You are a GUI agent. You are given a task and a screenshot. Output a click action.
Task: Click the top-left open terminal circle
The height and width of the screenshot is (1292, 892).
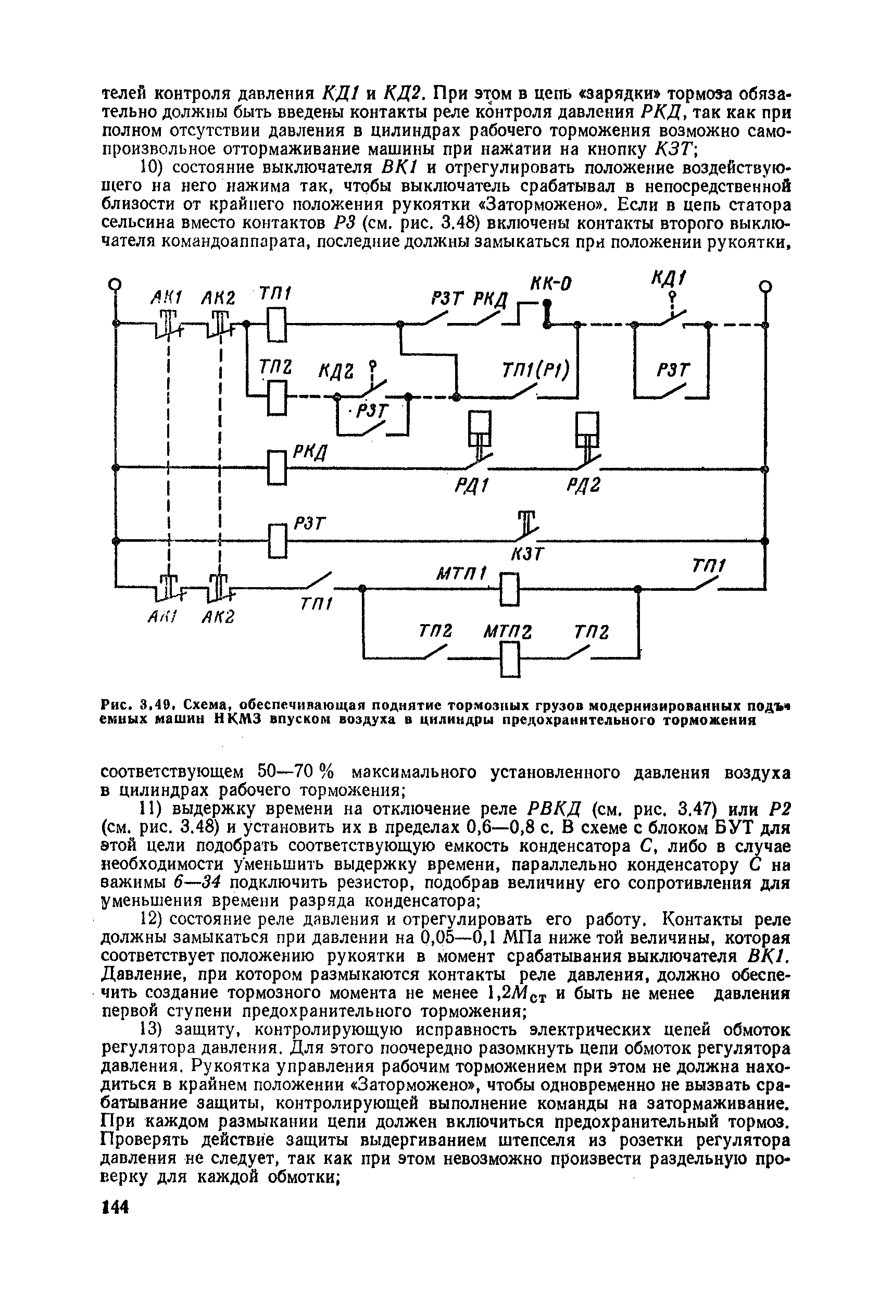coord(115,284)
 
